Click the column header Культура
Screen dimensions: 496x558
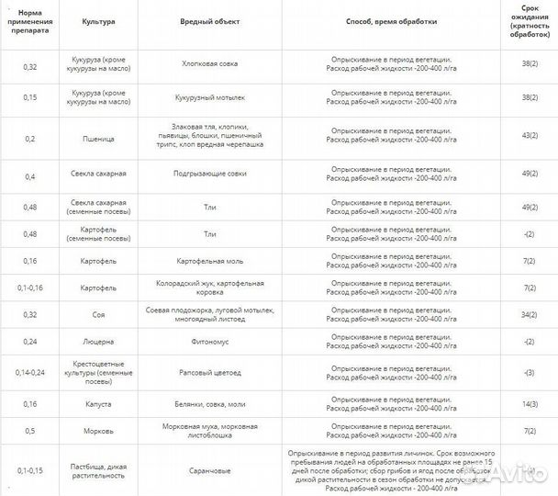click(x=98, y=19)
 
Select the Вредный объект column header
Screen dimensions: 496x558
click(x=210, y=19)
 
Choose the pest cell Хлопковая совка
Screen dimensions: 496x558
click(x=210, y=66)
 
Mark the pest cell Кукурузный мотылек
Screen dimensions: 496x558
click(x=210, y=96)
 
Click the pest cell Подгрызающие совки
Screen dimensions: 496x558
click(x=210, y=174)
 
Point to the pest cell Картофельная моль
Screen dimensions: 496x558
click(x=210, y=261)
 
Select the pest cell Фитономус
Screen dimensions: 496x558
click(x=210, y=342)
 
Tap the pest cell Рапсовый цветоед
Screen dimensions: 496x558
click(x=210, y=373)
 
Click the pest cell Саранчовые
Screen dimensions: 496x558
click(x=210, y=470)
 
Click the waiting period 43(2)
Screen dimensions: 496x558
click(x=529, y=136)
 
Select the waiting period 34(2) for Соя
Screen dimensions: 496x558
click(x=529, y=315)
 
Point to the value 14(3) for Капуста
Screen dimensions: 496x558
click(x=529, y=403)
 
